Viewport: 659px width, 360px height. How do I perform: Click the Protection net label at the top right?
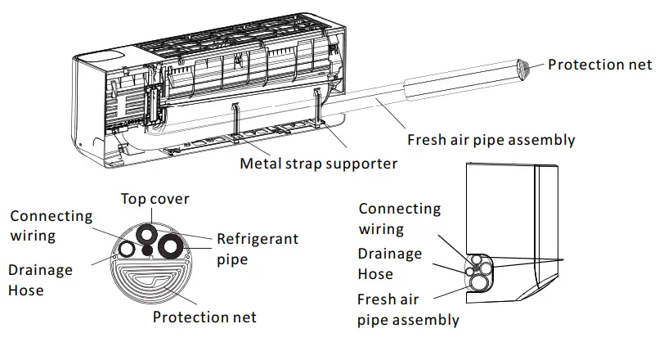pyautogui.click(x=599, y=65)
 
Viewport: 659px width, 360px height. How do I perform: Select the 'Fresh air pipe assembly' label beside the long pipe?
pyautogui.click(x=491, y=139)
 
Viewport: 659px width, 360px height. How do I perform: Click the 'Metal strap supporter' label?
pyautogui.click(x=318, y=164)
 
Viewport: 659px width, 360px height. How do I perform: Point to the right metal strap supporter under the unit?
pyautogui.click(x=317, y=110)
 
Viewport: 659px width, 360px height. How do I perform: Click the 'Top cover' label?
pyautogui.click(x=155, y=199)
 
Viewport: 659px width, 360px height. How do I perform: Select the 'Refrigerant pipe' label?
pyautogui.click(x=257, y=249)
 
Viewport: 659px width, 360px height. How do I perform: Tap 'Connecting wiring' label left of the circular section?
pyautogui.click(x=51, y=226)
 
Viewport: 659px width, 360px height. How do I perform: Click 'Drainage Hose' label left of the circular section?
pyautogui.click(x=40, y=279)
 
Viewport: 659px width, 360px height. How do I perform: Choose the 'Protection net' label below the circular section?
pyautogui.click(x=204, y=317)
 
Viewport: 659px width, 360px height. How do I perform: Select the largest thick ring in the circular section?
pyautogui.click(x=173, y=245)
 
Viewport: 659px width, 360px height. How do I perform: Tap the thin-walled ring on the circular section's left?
pyautogui.click(x=128, y=249)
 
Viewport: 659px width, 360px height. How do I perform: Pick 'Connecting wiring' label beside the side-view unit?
pyautogui.click(x=399, y=219)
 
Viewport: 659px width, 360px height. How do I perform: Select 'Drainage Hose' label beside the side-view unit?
pyautogui.click(x=390, y=263)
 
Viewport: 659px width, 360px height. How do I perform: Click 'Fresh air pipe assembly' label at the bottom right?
pyautogui.click(x=408, y=309)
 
